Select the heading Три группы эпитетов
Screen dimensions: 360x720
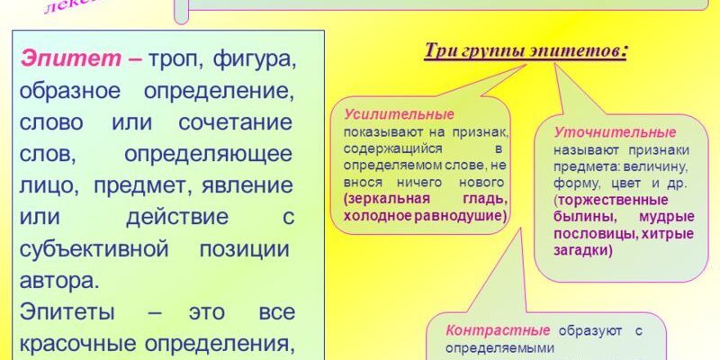526,50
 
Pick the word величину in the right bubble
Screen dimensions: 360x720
659,166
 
